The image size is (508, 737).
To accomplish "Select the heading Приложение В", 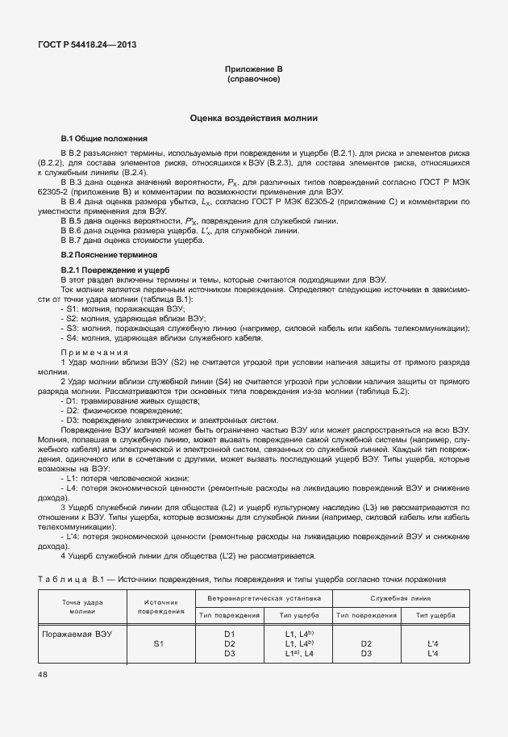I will click(x=253, y=71).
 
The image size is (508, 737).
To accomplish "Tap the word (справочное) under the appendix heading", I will click(x=253, y=81).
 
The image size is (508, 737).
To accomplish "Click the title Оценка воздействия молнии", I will click(x=253, y=118).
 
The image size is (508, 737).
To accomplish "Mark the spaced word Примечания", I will click(x=95, y=352).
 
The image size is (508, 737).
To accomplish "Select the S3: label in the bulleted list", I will click(x=71, y=329).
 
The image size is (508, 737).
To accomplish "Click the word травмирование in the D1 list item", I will click(x=110, y=401).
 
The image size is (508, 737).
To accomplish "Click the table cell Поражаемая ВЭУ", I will click(x=77, y=634).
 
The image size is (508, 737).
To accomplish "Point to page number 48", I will click(x=43, y=674).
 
